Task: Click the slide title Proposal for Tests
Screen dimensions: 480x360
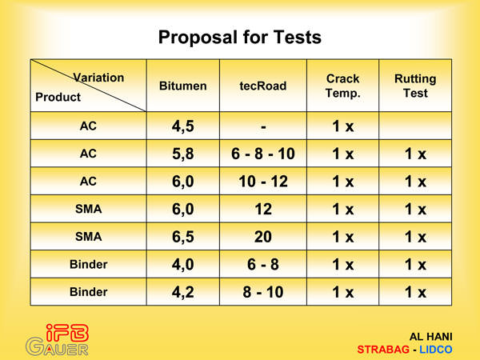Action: click(240, 38)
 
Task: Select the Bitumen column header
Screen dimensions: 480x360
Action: click(182, 86)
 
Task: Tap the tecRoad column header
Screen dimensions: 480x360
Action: click(263, 86)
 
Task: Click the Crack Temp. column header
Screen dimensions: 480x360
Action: click(342, 86)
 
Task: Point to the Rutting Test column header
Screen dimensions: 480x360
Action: click(415, 86)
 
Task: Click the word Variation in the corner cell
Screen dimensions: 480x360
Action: click(98, 78)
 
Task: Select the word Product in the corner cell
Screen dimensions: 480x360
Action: click(58, 97)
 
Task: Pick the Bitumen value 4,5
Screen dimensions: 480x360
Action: click(182, 126)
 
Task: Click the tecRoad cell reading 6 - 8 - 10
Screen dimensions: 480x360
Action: click(263, 154)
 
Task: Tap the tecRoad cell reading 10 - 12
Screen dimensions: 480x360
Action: click(263, 182)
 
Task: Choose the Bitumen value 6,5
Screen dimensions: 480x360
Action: click(182, 237)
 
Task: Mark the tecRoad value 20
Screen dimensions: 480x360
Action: click(263, 237)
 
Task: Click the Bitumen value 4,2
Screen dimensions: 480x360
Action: click(182, 292)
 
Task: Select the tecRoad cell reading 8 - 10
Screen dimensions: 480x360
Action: click(263, 292)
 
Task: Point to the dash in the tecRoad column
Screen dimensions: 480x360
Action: click(263, 126)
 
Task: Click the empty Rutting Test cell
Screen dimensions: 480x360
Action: click(415, 126)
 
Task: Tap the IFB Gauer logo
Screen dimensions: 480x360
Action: click(58, 340)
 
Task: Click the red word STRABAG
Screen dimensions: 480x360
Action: click(383, 350)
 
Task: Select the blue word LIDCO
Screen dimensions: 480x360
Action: click(436, 350)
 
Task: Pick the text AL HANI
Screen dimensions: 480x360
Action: click(430, 337)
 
